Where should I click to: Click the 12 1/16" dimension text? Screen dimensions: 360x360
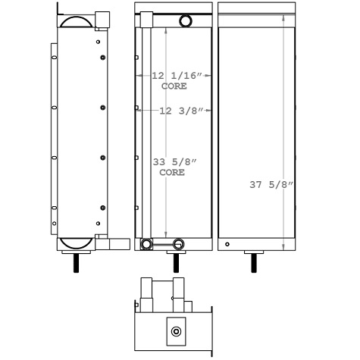click(177, 76)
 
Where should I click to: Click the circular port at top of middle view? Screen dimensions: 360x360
click(185, 23)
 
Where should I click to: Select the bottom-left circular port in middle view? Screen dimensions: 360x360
click(146, 243)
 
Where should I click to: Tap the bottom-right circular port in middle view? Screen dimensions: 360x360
click(179, 243)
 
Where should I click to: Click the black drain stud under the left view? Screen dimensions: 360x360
click(77, 264)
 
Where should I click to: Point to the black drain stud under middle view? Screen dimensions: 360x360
click(177, 264)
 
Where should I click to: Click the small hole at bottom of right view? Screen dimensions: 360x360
click(227, 244)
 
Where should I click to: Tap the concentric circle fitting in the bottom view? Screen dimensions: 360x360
click(176, 331)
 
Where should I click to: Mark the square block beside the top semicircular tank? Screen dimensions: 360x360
click(103, 20)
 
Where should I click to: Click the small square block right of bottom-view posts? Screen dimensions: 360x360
click(197, 305)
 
